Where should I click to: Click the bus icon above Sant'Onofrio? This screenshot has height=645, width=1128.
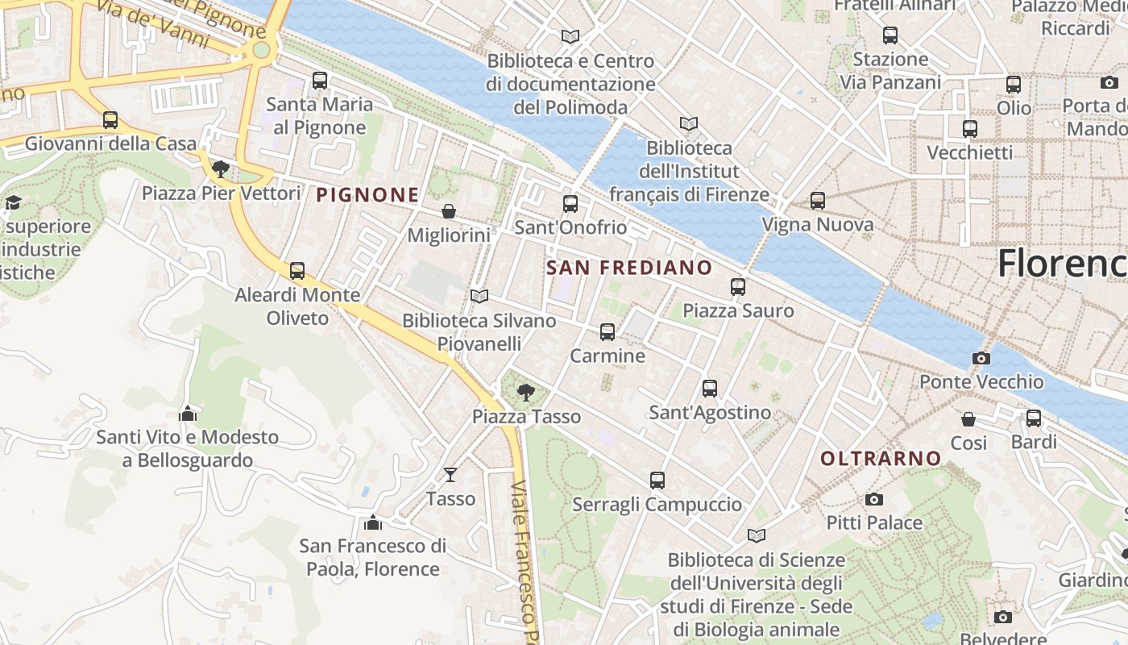(x=570, y=203)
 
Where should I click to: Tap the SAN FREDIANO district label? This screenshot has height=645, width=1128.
(x=629, y=268)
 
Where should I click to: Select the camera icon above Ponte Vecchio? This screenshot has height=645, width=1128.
(x=981, y=358)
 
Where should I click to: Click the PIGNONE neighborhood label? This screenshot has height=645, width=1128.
(x=367, y=194)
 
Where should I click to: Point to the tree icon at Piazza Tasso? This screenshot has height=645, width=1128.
(x=526, y=393)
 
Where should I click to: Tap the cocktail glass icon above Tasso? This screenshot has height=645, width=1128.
(x=450, y=475)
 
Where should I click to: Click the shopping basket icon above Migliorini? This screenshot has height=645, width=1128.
(x=449, y=211)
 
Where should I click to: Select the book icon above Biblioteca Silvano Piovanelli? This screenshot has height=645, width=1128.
(x=479, y=297)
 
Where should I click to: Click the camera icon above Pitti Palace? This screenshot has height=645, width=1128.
(x=874, y=499)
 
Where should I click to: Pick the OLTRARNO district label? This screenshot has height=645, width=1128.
(x=881, y=458)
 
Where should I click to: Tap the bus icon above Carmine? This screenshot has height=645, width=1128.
(x=608, y=331)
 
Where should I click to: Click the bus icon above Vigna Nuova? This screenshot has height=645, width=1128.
(x=818, y=200)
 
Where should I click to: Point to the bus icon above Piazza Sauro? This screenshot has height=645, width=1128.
(x=738, y=286)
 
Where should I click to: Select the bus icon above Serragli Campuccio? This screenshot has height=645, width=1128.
(x=657, y=481)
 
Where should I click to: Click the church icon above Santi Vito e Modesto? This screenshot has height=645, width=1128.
(x=188, y=414)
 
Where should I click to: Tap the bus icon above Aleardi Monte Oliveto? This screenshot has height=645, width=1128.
(x=297, y=271)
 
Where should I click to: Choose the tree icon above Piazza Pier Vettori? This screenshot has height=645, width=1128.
(x=220, y=169)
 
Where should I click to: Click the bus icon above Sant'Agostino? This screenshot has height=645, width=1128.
(x=710, y=389)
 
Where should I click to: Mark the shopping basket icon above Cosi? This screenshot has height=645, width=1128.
(x=968, y=419)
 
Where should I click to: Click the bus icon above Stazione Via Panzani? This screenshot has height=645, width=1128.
(x=890, y=35)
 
